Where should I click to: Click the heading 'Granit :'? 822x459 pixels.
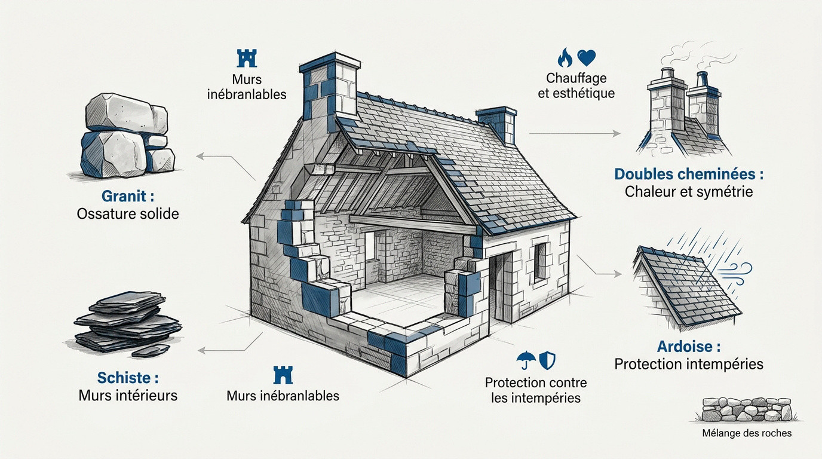(128, 196)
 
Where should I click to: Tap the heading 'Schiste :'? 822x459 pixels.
(128, 378)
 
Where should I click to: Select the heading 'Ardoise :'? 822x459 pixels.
(689, 346)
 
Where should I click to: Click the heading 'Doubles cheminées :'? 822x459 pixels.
(689, 174)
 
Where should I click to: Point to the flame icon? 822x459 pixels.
(565, 57)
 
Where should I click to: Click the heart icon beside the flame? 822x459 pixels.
(587, 57)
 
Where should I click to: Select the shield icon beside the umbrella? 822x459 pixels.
(547, 360)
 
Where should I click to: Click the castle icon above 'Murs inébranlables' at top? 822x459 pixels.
(247, 58)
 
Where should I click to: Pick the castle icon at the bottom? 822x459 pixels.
(283, 375)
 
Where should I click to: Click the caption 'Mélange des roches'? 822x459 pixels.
(747, 433)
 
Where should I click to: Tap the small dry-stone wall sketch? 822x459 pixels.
(747, 409)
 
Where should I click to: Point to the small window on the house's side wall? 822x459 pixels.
(540, 262)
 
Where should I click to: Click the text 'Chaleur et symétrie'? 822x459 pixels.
(689, 192)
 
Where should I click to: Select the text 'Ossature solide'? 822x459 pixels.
(128, 214)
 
